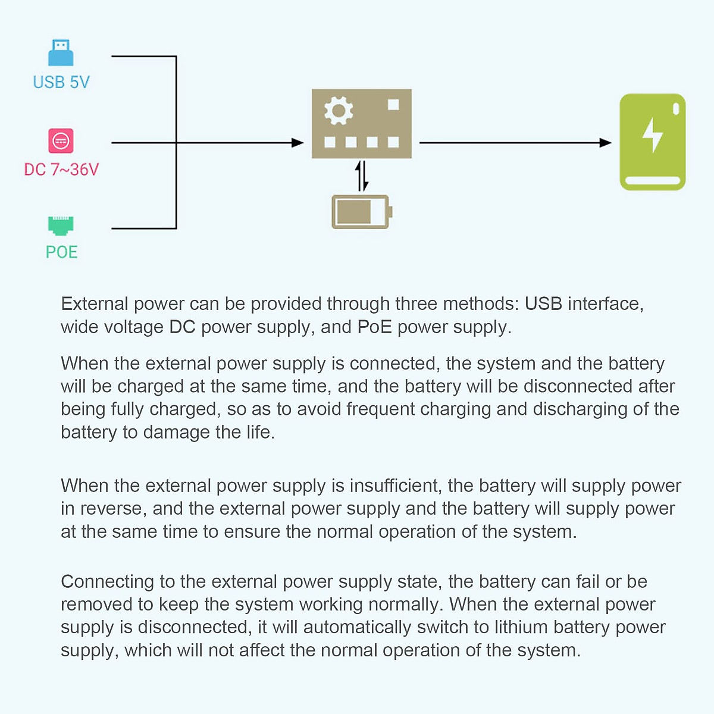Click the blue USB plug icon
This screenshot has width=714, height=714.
tap(61, 53)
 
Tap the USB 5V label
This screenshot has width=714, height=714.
tap(61, 82)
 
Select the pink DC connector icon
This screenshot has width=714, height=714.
tap(61, 141)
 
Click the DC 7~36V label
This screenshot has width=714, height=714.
tap(61, 170)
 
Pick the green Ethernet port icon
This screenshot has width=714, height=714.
tap(61, 226)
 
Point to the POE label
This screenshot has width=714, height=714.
tap(61, 252)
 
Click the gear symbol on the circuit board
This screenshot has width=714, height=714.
tap(339, 111)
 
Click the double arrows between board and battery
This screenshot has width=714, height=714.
tap(362, 176)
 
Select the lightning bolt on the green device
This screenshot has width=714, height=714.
tap(653, 135)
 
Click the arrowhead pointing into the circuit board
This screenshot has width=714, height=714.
tap(298, 143)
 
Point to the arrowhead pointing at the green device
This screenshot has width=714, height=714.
tap(606, 143)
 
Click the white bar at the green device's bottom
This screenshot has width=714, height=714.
tap(653, 180)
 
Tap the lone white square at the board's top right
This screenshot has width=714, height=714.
tap(393, 105)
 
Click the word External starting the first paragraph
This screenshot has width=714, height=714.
tap(95, 304)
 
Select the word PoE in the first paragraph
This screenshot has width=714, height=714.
tap(374, 327)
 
